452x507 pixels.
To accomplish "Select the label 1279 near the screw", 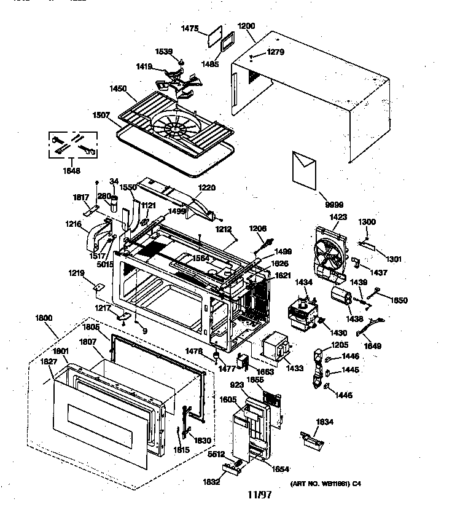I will tap(276, 52).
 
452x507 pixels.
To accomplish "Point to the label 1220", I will tap(206, 188).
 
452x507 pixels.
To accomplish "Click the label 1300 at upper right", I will tap(367, 222).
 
